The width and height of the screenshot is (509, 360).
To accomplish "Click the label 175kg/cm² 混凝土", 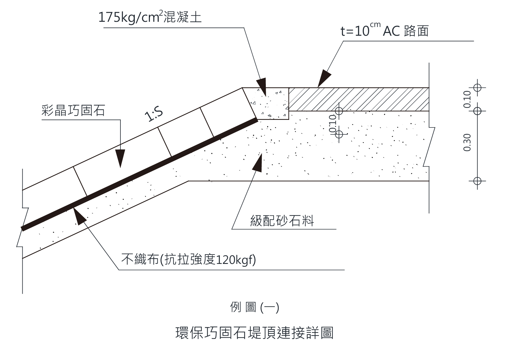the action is click(150, 17).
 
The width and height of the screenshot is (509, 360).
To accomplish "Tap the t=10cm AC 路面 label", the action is click(385, 30).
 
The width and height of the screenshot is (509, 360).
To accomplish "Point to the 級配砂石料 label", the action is click(282, 221).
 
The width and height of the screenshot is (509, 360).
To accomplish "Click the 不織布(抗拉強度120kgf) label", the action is click(189, 259).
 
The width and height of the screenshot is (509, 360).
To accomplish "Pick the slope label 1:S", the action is click(154, 115).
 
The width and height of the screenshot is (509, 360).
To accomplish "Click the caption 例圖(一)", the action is click(255, 307).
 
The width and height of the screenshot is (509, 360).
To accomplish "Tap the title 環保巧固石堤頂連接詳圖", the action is click(255, 333).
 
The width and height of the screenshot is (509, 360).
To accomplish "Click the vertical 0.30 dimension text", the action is click(467, 143).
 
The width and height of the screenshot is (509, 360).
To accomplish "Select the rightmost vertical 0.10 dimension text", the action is click(467, 99).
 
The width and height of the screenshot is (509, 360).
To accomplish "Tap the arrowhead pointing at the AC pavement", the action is click(324, 78).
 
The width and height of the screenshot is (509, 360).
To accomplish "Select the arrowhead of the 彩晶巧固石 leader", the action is click(120, 159).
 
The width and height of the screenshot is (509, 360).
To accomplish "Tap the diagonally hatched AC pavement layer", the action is click(359, 99).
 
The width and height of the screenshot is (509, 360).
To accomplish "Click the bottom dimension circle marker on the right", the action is click(477, 181).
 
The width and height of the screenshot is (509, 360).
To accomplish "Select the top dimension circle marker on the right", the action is click(477, 87).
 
